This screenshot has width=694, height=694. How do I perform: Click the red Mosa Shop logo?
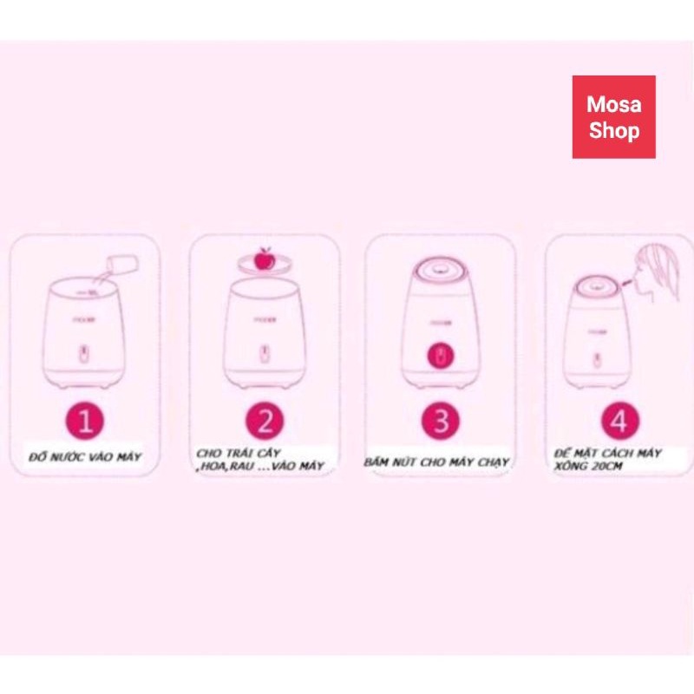[x=613, y=117]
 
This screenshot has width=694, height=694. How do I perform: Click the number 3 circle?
[x=441, y=422]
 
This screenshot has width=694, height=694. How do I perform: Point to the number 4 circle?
[x=618, y=422]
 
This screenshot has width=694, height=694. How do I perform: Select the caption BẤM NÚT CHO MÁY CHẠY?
[x=437, y=462]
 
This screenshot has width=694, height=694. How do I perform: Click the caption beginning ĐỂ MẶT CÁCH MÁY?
[x=608, y=459]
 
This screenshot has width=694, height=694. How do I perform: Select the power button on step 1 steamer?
[x=83, y=355]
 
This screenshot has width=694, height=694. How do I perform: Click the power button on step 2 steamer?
[x=264, y=355]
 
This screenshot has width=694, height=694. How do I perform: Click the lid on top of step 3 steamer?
[x=440, y=269]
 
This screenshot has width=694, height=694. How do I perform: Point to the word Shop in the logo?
[x=613, y=131]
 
